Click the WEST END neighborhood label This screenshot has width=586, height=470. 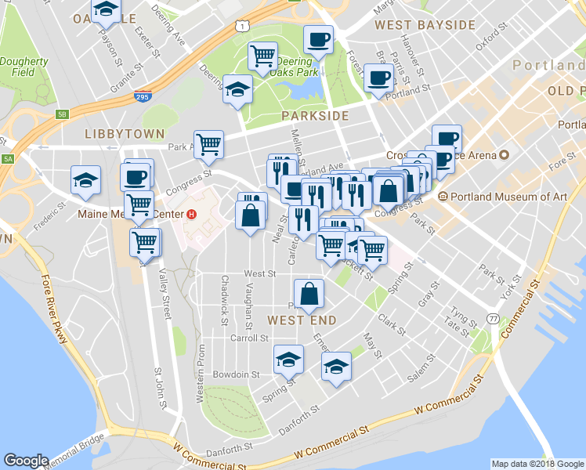point(302,320)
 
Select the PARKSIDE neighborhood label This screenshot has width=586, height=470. point(314,116)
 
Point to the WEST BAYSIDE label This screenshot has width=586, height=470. point(425,25)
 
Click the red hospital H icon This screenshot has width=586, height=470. point(191,214)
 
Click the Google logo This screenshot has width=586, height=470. point(26,461)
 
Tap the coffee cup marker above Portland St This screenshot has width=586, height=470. point(379,78)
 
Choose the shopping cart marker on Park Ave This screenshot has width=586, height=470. point(209,144)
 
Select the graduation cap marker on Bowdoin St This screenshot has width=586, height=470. point(289,359)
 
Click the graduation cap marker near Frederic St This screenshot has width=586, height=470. point(85,179)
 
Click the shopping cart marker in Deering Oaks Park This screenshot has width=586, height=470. point(263,56)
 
